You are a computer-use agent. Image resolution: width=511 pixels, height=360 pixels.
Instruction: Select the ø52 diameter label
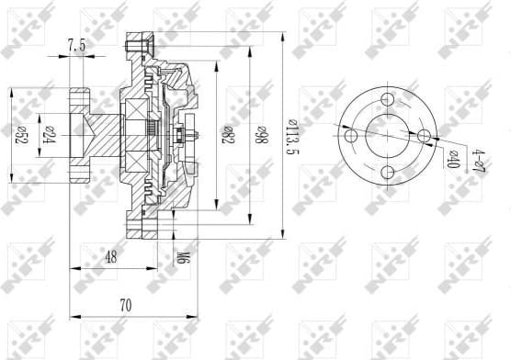[x=18, y=135]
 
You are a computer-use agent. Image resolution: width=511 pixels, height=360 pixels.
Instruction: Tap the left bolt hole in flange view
[x=349, y=135]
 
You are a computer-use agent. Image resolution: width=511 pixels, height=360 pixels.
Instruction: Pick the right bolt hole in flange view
[x=425, y=136]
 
